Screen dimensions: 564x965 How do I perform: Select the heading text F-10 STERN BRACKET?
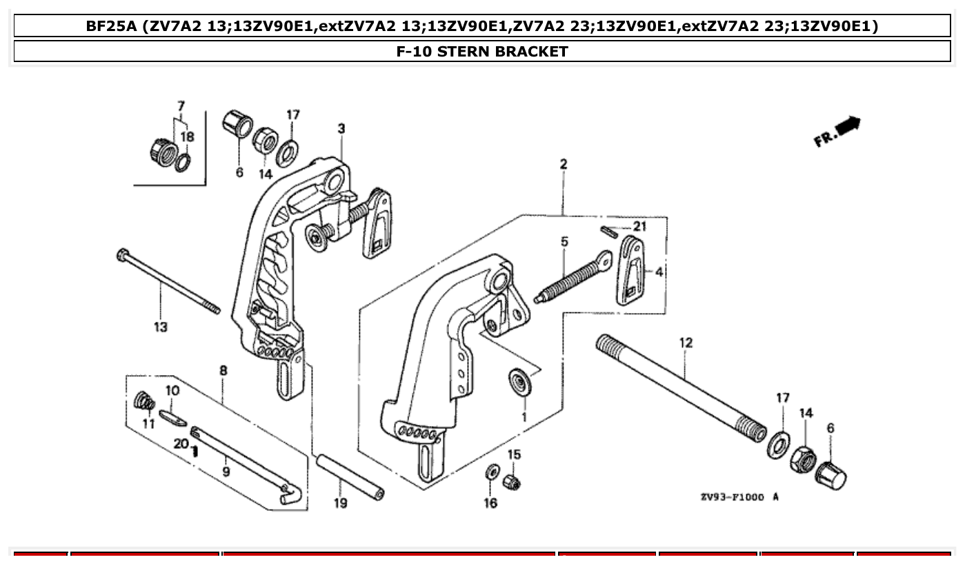click(482, 51)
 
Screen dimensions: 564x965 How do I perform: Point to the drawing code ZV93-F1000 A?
click(739, 497)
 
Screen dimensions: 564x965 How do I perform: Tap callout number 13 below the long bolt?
click(160, 327)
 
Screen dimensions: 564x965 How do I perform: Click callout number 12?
click(685, 343)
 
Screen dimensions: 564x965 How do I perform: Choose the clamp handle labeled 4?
click(630, 270)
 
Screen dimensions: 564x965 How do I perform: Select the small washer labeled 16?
click(492, 473)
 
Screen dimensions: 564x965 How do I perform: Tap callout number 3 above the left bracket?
click(341, 128)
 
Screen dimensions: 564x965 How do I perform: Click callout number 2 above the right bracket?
click(564, 164)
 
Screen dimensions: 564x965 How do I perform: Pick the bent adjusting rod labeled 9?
click(241, 462)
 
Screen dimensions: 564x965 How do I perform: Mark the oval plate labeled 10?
click(172, 416)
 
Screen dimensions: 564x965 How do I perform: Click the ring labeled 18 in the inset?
click(183, 163)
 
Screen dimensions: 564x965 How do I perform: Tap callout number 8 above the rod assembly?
click(223, 371)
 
